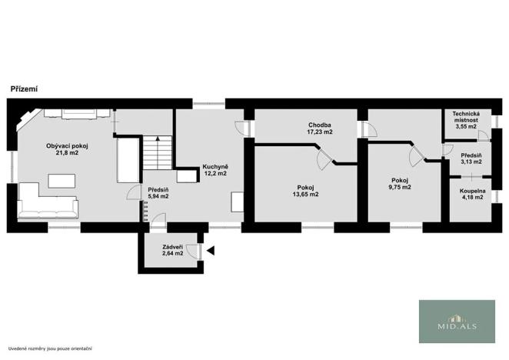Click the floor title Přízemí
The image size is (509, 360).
coord(24,89)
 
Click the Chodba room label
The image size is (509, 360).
coord(319,125)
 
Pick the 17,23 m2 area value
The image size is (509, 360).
coord(319,132)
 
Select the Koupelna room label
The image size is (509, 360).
coord(467,193)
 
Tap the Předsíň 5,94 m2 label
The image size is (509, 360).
coord(159,192)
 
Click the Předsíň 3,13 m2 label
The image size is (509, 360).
coord(471,158)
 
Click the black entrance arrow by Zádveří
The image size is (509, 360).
coord(210,250)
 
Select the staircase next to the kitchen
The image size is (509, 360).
coord(158,152)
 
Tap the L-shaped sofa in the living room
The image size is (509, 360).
coord(46,202)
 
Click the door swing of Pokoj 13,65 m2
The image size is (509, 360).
coord(323,160)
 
